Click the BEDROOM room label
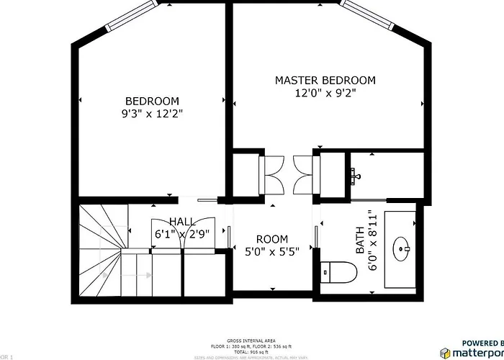(x=152, y=101)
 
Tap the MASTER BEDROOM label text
(x=325, y=80)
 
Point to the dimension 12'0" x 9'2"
(x=325, y=93)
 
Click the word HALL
(x=181, y=221)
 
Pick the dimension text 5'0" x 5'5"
(x=272, y=251)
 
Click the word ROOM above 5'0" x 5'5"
(x=272, y=239)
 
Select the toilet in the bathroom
(x=339, y=272)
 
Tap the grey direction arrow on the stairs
(x=108, y=274)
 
